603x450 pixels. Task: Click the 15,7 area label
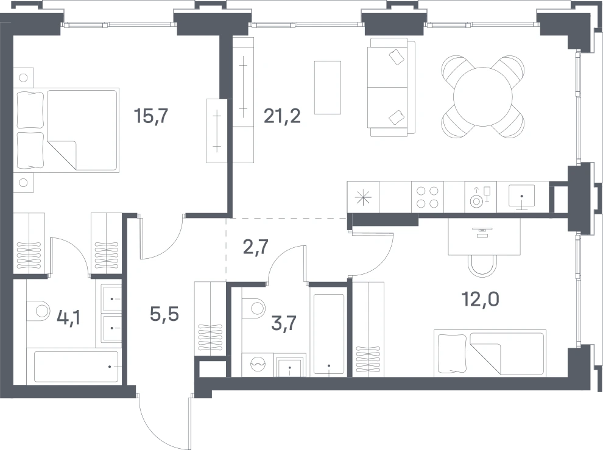151,116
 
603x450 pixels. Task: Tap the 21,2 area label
282,116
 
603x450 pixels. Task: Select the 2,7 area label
256,247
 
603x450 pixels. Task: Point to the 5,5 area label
164,314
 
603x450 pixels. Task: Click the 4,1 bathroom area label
68,318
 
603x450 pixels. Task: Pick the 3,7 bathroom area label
284,323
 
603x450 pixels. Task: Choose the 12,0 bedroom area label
481,299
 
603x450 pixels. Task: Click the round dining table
483,97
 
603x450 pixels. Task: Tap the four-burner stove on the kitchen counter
428,197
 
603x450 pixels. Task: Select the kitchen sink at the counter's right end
522,197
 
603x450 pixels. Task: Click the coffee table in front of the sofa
328,88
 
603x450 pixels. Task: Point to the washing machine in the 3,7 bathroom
258,364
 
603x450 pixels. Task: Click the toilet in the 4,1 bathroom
38,310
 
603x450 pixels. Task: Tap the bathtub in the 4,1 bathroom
76,367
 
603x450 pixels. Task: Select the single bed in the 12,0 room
490,353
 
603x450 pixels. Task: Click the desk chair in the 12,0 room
483,266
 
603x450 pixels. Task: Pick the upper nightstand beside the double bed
23,78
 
